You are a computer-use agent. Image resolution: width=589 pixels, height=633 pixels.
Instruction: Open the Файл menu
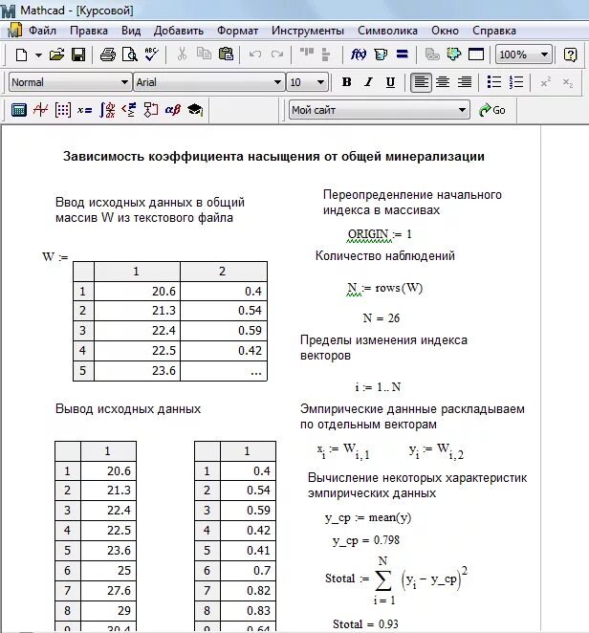coord(42,31)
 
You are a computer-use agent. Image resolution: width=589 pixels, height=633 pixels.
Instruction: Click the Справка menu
coord(493,31)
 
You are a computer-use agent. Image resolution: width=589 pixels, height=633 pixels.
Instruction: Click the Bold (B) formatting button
coord(346,82)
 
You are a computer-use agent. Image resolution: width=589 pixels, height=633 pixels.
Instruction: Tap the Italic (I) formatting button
coord(367,82)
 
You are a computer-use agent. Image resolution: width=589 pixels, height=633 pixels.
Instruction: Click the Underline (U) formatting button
coord(388,82)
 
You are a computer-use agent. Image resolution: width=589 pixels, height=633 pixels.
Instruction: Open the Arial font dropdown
coord(208,82)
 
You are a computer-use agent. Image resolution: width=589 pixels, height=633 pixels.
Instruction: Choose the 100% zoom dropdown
coord(524,55)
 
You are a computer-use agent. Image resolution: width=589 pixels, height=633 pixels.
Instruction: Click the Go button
coord(491,110)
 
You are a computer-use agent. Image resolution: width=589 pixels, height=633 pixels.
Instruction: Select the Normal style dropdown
coord(69,82)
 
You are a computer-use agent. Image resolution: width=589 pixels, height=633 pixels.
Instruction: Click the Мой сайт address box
coord(379,110)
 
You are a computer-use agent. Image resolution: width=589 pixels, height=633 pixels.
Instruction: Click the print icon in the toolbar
coord(108,55)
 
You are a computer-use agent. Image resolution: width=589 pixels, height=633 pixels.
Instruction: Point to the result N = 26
coord(381,317)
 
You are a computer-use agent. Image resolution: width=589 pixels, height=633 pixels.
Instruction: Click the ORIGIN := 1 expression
coord(380,234)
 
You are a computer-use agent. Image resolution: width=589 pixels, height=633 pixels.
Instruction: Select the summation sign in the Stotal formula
coord(382,578)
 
